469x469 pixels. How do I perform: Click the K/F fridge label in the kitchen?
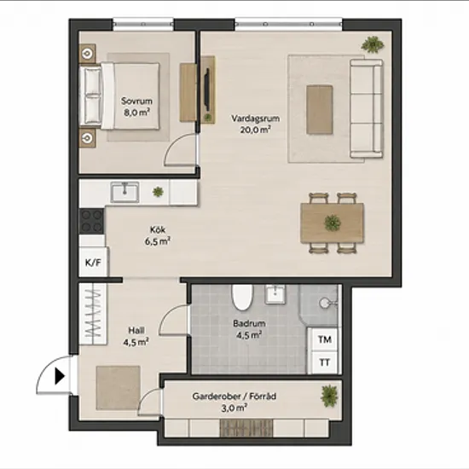[x=93, y=263]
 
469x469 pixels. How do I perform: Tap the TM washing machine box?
[x=325, y=339]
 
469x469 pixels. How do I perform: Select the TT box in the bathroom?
[x=325, y=362]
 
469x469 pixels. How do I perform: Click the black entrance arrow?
[x=60, y=376]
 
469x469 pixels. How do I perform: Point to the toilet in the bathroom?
[x=242, y=297]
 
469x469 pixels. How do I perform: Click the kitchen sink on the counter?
[x=124, y=192]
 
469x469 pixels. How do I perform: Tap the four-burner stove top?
[x=91, y=222]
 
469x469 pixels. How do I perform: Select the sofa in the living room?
[x=367, y=108]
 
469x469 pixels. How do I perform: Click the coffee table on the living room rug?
[x=320, y=109]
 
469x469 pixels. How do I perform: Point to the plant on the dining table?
[x=333, y=223]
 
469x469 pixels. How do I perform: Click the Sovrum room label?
[x=136, y=101]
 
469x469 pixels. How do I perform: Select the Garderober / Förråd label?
[x=234, y=397]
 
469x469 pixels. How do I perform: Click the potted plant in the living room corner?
[x=373, y=44]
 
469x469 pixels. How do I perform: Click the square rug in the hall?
[x=119, y=388]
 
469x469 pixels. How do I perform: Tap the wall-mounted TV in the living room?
[x=206, y=87]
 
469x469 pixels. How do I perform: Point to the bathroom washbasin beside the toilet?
[x=275, y=294]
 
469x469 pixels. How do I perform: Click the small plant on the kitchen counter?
[x=158, y=191]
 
